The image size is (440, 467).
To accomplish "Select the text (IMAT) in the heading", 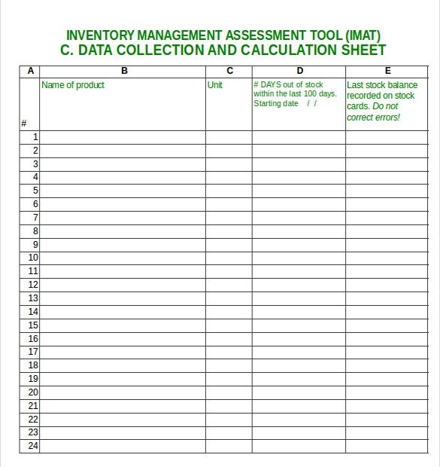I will [x=363, y=35].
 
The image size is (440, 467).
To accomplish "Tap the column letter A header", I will [x=30, y=71].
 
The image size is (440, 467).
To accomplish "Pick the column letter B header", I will [x=124, y=71].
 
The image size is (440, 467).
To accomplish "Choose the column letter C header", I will [x=229, y=71].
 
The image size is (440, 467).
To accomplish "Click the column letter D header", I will [x=299, y=71].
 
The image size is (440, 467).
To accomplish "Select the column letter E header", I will [x=388, y=71].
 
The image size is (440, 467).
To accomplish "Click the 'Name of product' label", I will [x=73, y=85].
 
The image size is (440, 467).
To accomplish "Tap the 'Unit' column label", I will [x=215, y=85].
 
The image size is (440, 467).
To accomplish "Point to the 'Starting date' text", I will [x=276, y=104].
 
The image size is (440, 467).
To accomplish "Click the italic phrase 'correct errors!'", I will [x=374, y=118].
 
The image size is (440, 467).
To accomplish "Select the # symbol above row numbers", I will [x=24, y=124].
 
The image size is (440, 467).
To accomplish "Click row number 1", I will [x=35, y=137].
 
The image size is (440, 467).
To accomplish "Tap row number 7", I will [x=35, y=218].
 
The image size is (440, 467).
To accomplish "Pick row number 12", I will [x=33, y=285].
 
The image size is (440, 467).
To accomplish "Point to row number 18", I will [x=33, y=365].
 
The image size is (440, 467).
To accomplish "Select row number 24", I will [x=33, y=446].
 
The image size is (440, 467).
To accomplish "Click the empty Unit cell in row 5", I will [x=229, y=191].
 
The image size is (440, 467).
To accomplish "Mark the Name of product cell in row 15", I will [x=123, y=325].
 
